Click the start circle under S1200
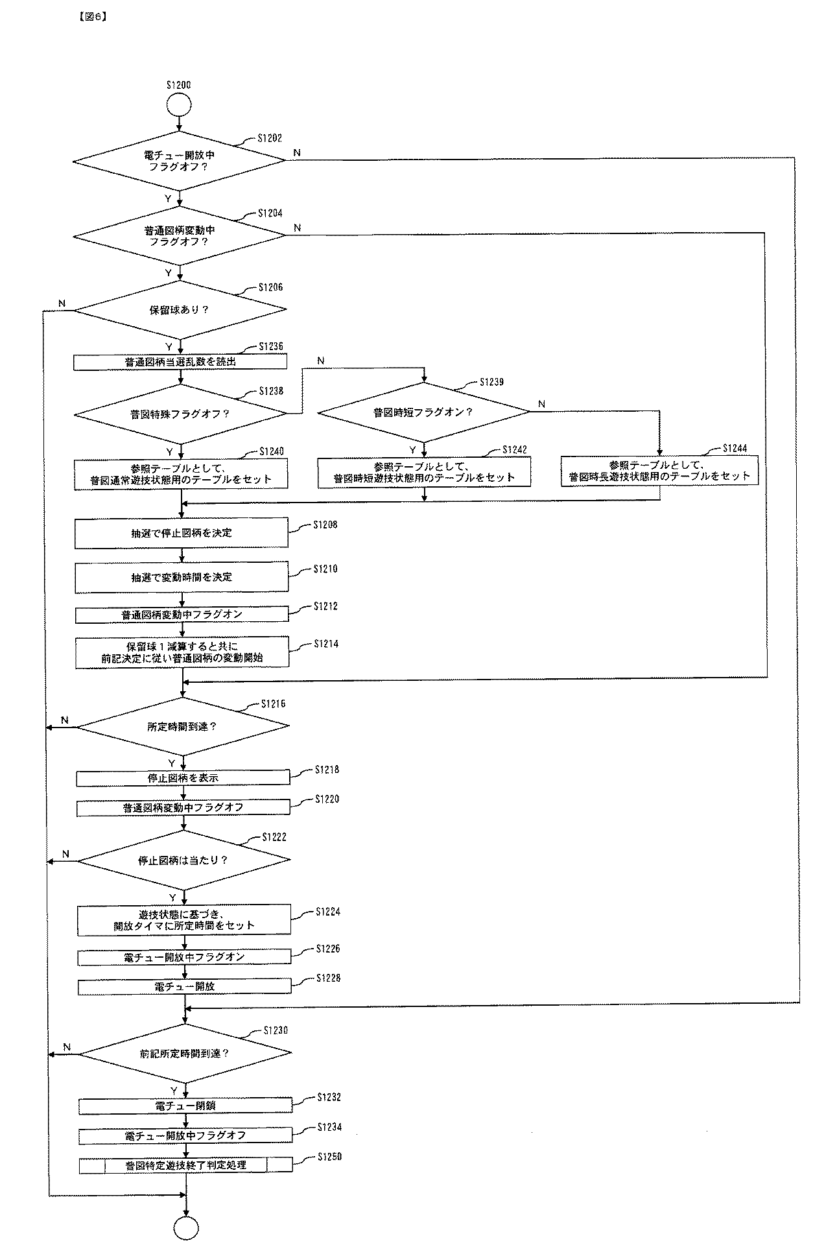point(179,104)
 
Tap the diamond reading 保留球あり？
point(180,309)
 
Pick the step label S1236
point(270,347)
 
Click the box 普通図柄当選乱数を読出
point(180,362)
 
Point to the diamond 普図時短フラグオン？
point(423,412)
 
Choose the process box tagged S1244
point(659,471)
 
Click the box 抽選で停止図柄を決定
point(181,533)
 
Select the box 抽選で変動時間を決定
point(181,577)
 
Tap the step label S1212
point(325,606)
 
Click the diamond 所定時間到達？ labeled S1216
point(183,727)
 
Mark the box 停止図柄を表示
point(183,777)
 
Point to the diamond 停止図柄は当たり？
point(183,860)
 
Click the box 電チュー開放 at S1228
point(185,986)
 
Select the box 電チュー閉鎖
point(185,1106)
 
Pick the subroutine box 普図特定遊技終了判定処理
point(185,1165)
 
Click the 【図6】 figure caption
point(91,18)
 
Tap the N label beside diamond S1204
point(297,228)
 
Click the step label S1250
point(329,1157)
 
